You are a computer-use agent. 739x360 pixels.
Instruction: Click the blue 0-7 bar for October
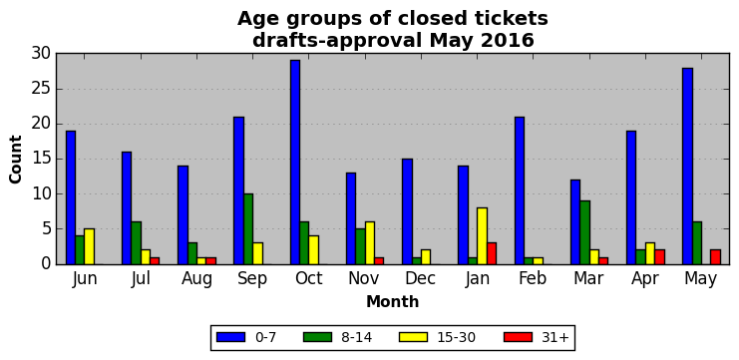(295, 163)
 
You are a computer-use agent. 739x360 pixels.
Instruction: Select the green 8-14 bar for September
(248, 229)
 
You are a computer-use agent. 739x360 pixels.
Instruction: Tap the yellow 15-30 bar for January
(482, 236)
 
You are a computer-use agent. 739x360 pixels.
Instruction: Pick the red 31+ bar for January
(492, 253)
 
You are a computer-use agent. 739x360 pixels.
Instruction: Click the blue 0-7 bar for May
(687, 167)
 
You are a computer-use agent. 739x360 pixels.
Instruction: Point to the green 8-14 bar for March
(584, 232)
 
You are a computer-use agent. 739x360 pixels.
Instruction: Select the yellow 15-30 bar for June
(90, 246)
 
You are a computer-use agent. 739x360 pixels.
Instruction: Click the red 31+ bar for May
(715, 257)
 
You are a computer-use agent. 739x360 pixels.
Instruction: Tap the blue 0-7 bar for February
(520, 190)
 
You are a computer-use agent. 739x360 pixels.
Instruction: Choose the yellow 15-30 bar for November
(370, 243)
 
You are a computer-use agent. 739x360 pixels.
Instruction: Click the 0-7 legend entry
(246, 337)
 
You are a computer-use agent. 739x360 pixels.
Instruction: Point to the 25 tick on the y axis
(41, 89)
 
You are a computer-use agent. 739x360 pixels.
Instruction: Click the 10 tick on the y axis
(41, 194)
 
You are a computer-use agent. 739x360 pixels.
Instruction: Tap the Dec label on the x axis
(421, 278)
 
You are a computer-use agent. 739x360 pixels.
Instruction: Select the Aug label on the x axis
(197, 279)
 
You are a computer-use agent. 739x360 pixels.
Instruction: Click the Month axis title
(393, 301)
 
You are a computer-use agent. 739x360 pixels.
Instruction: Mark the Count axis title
(16, 160)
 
